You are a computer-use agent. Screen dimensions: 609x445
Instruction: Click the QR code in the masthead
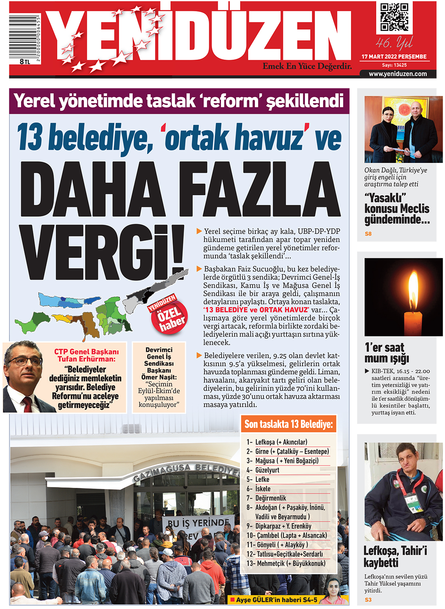pyautogui.click(x=394, y=17)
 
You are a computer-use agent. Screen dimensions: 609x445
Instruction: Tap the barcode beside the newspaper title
pyautogui.click(x=25, y=37)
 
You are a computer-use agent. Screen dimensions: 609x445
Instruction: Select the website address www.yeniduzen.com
pyautogui.click(x=397, y=74)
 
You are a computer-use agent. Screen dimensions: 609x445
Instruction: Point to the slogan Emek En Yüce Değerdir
pyautogui.click(x=307, y=66)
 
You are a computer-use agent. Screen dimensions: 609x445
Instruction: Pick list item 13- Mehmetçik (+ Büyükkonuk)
pyautogui.click(x=286, y=563)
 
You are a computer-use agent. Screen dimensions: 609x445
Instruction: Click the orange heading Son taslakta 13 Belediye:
pyautogui.click(x=288, y=424)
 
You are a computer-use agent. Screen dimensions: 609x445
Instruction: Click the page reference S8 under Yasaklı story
pyautogui.click(x=368, y=234)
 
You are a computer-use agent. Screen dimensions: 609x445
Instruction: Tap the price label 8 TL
pyautogui.click(x=25, y=62)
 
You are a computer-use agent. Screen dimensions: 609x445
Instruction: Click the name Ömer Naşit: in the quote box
pyautogui.click(x=159, y=377)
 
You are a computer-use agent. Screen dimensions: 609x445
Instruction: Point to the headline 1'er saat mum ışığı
pyautogui.click(x=386, y=353)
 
